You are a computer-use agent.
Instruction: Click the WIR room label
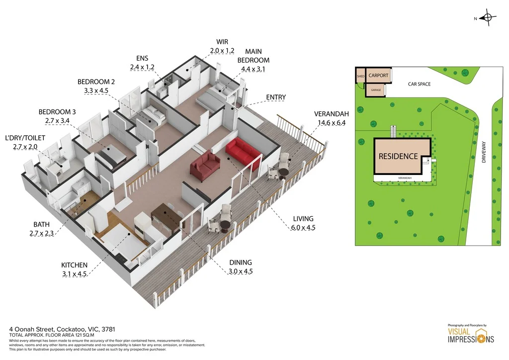(221, 42)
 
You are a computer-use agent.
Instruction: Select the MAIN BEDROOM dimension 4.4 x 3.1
(253, 69)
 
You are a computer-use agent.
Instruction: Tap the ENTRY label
(276, 97)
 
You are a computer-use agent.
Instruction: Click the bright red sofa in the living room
(242, 151)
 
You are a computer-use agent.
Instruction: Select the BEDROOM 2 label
(96, 82)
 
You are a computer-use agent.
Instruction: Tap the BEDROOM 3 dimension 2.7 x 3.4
(58, 121)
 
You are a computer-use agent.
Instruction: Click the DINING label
(241, 263)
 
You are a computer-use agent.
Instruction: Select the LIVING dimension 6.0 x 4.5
(303, 228)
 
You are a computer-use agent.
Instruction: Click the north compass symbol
(488, 19)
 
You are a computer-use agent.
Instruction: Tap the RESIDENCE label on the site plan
(398, 156)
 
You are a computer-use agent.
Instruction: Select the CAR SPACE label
(419, 84)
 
